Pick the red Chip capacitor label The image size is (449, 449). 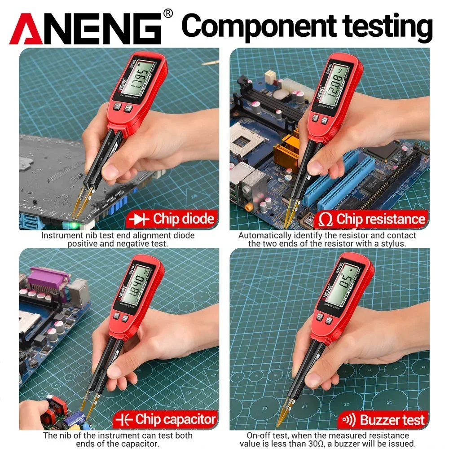pyautogui.click(x=166, y=419)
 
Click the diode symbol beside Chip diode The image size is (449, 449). pyautogui.click(x=139, y=220)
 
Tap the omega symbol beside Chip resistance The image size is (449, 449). pyautogui.click(x=326, y=220)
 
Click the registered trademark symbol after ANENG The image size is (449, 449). pyautogui.click(x=168, y=13)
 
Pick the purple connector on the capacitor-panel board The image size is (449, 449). pyautogui.click(x=48, y=278)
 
